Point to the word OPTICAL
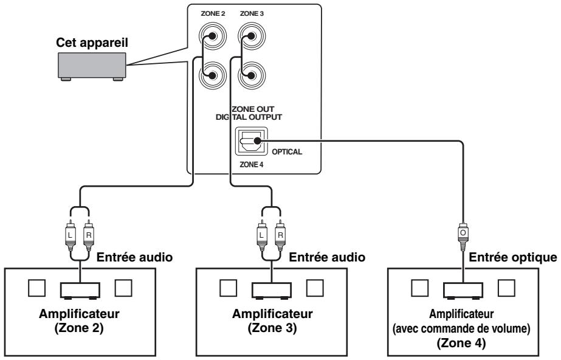pyautogui.click(x=287, y=152)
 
